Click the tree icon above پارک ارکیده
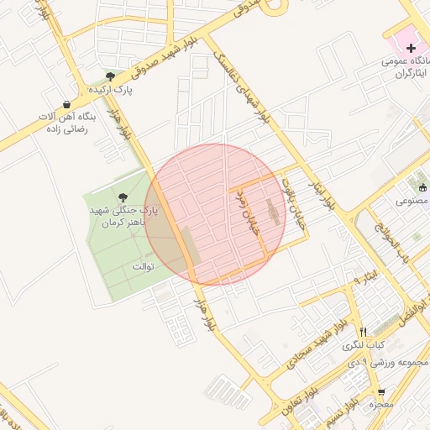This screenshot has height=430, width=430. pos(110,77)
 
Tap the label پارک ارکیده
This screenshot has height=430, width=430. pos(110,89)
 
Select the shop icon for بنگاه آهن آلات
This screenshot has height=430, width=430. pos(66,104)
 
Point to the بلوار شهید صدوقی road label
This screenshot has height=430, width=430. pos(181,50)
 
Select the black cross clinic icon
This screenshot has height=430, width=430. pos(410,49)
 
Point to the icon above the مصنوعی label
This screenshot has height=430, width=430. pos(422,188)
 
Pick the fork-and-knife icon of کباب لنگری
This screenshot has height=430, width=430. pos(363,332)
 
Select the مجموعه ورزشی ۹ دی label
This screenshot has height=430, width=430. pos(395,364)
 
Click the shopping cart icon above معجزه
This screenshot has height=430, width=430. pos(381,392)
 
